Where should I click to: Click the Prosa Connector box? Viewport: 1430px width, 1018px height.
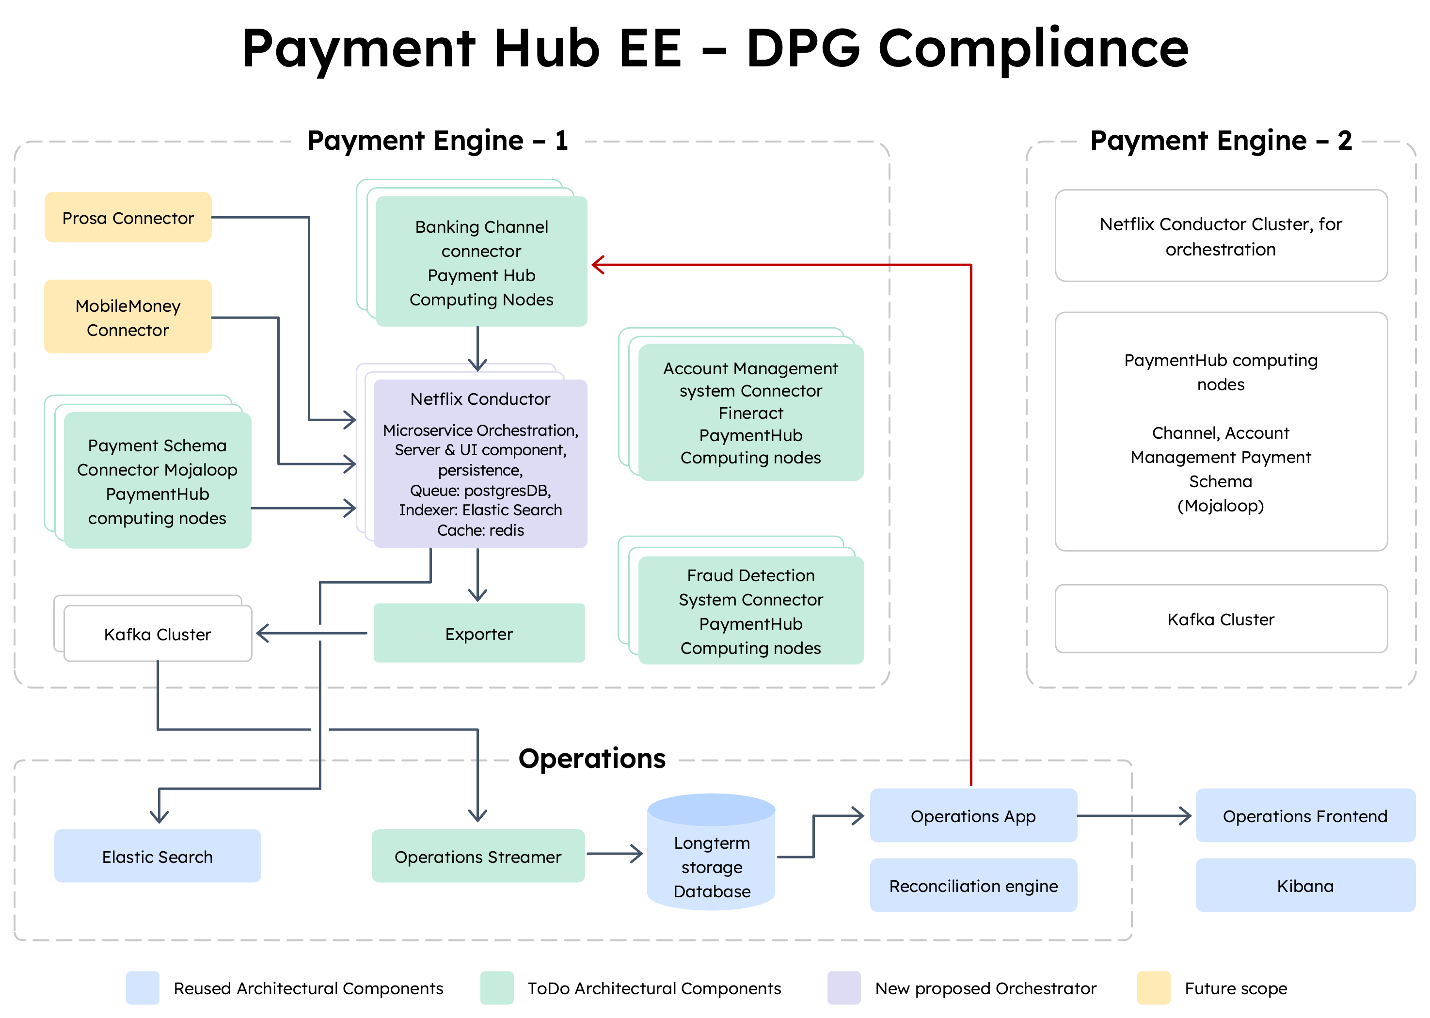click(x=128, y=218)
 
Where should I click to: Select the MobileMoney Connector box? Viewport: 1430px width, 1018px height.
click(x=128, y=317)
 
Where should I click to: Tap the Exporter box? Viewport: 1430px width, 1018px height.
click(x=479, y=633)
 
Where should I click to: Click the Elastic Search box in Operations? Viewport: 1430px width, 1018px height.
click(x=157, y=856)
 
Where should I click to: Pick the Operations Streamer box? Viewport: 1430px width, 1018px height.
click(x=477, y=856)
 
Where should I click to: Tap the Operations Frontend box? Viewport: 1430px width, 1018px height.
click(x=1304, y=815)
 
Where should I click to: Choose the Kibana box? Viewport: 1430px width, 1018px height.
click(x=1304, y=885)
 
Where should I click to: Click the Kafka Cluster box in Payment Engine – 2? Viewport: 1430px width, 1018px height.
click(x=1221, y=620)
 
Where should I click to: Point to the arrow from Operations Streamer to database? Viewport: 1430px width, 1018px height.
click(x=614, y=853)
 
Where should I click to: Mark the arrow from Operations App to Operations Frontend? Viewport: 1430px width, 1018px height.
click(x=1134, y=815)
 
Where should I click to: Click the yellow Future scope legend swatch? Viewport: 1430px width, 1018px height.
click(x=1154, y=988)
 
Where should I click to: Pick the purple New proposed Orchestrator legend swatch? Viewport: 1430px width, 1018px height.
click(x=843, y=988)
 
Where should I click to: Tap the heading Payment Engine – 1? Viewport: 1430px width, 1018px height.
click(x=437, y=141)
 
